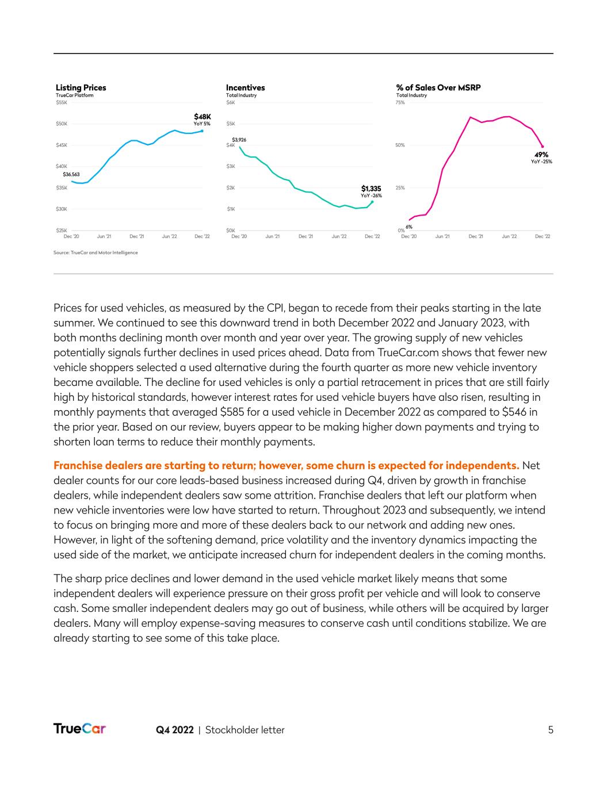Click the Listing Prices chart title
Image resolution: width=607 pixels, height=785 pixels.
(81, 88)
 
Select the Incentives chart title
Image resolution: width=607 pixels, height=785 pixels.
(245, 88)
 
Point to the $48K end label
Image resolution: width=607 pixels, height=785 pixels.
(202, 117)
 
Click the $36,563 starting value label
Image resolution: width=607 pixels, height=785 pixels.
(71, 174)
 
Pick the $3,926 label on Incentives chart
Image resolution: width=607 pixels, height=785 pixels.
(239, 140)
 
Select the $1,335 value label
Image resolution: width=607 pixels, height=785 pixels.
(371, 188)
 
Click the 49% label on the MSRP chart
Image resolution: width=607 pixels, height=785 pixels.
(541, 155)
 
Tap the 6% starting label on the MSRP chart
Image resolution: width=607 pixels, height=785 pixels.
(409, 227)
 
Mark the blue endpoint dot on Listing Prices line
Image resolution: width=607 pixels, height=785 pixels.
(202, 131)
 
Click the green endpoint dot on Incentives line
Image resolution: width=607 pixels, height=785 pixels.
(372, 202)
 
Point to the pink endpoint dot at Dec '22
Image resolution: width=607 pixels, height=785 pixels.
(542, 147)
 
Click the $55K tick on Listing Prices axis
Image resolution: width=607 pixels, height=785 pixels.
(61, 102)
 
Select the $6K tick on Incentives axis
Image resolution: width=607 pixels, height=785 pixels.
(231, 102)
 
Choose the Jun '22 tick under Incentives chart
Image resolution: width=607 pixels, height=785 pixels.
(339, 236)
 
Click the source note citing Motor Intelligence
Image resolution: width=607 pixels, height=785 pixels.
(96, 252)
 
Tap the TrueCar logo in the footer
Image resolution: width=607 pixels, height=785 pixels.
(80, 729)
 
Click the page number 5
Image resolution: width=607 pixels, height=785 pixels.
(551, 730)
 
